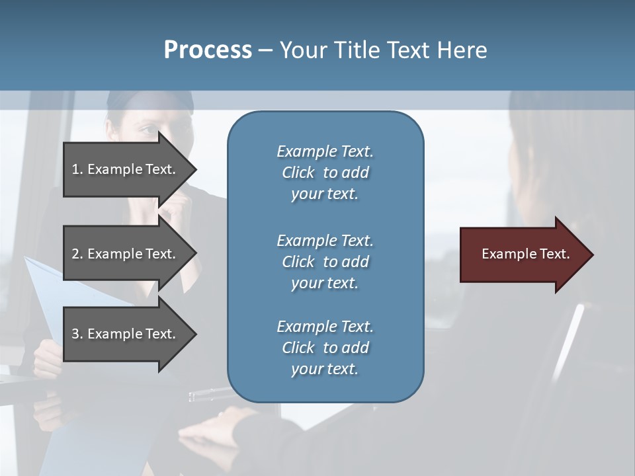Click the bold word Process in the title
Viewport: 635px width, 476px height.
pyautogui.click(x=208, y=50)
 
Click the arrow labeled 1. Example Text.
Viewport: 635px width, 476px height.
pyautogui.click(x=126, y=169)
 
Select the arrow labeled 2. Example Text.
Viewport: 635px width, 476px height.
pyautogui.click(x=126, y=254)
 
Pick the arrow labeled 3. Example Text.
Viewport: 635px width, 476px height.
pyautogui.click(x=126, y=334)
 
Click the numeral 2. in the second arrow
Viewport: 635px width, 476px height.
pyautogui.click(x=77, y=254)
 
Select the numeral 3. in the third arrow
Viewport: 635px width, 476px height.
pyautogui.click(x=77, y=334)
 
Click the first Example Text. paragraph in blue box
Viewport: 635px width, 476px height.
pyautogui.click(x=325, y=172)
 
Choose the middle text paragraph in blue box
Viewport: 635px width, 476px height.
pyautogui.click(x=325, y=261)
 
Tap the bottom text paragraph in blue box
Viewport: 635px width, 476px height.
pyautogui.click(x=325, y=347)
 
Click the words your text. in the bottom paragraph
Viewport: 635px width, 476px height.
pyautogui.click(x=325, y=369)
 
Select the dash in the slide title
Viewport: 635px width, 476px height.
pyautogui.click(x=266, y=51)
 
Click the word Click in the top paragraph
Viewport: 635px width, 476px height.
pyautogui.click(x=298, y=173)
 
